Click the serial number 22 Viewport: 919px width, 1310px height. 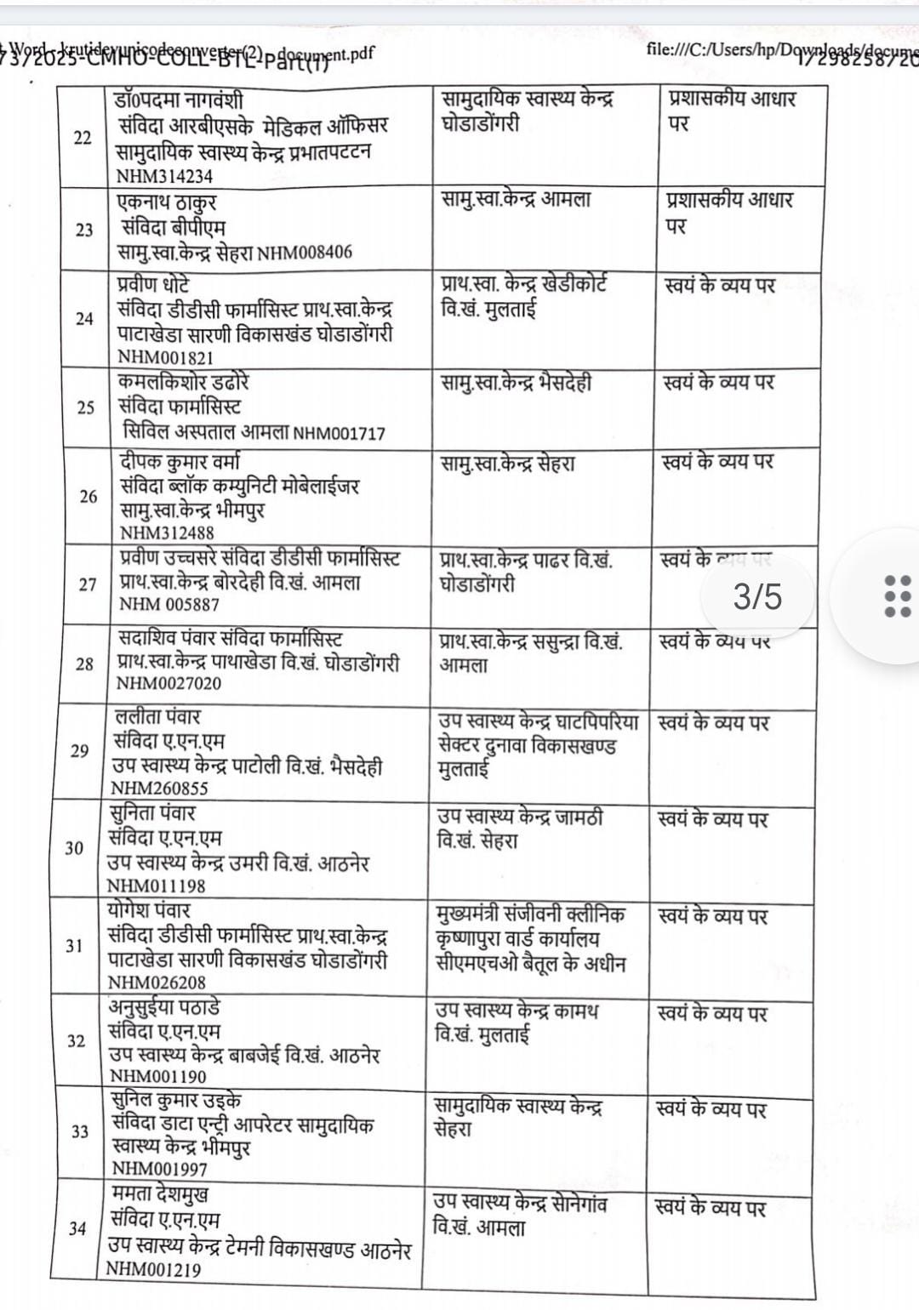(83, 138)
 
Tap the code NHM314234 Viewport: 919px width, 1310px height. (165, 177)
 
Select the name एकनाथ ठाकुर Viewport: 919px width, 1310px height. (167, 203)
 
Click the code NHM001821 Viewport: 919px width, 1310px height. (165, 357)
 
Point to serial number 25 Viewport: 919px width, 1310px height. (85, 407)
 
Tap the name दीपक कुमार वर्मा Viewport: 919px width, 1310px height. (180, 462)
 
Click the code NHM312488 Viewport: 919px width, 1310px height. (167, 533)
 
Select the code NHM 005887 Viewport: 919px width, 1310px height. (169, 605)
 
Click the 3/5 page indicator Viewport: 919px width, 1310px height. (757, 596)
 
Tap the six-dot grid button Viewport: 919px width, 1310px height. (898, 595)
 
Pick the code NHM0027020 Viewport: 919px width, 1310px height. (168, 683)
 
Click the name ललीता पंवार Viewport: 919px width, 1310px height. (158, 717)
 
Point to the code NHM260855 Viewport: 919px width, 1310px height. (159, 789)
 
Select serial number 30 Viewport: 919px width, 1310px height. (74, 848)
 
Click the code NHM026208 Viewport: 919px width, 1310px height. (157, 982)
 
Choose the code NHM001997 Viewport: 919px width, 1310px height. (159, 1169)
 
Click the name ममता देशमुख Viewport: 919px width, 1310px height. (160, 1194)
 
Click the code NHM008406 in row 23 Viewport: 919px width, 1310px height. (304, 253)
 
